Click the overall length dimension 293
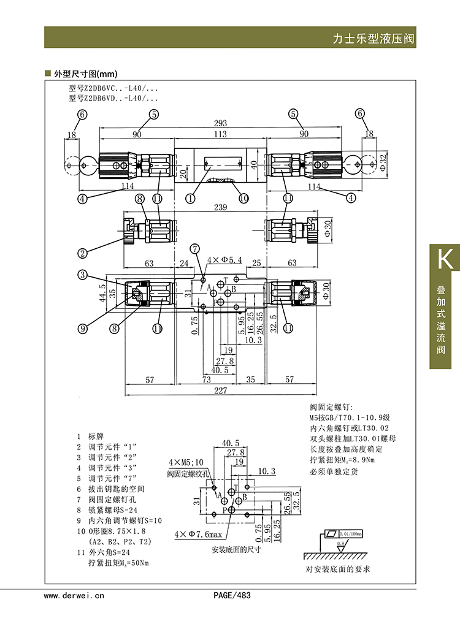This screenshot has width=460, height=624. [x=220, y=123]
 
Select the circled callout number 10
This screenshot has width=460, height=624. [x=243, y=198]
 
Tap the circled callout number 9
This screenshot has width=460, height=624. [x=81, y=328]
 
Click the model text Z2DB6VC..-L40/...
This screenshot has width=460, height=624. [x=114, y=89]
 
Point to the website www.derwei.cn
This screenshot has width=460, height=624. [x=75, y=595]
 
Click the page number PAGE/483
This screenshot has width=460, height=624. [x=232, y=595]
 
